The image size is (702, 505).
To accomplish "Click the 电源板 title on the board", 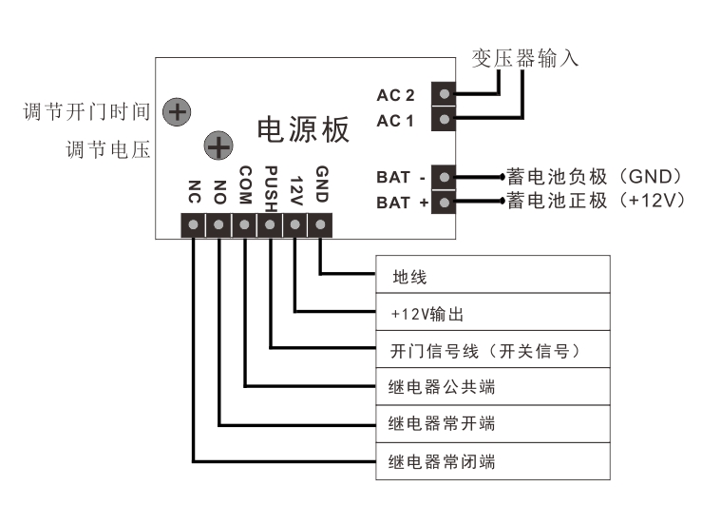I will pyautogui.click(x=304, y=130).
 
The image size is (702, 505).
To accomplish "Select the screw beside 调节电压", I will pyautogui.click(x=219, y=146).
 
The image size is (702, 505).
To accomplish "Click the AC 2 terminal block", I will pyautogui.click(x=444, y=94).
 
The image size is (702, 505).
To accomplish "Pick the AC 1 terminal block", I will pyautogui.click(x=444, y=120).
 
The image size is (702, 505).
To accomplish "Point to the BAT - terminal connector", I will pyautogui.click(x=444, y=177).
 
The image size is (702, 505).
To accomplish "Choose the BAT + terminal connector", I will pyautogui.click(x=444, y=202).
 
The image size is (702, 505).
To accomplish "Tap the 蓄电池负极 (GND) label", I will pyautogui.click(x=595, y=176).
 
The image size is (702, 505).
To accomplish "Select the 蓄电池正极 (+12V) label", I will pyautogui.click(x=595, y=202).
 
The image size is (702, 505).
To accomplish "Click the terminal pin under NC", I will pyautogui.click(x=194, y=225).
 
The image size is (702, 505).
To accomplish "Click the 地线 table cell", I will pyautogui.click(x=492, y=277).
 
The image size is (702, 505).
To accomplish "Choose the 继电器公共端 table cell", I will pyautogui.click(x=492, y=387).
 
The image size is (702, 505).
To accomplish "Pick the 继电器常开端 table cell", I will pyautogui.click(x=492, y=423).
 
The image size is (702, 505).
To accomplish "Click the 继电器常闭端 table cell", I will pyautogui.click(x=492, y=462).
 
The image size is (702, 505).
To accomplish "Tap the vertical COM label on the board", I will pyautogui.click(x=245, y=185).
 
